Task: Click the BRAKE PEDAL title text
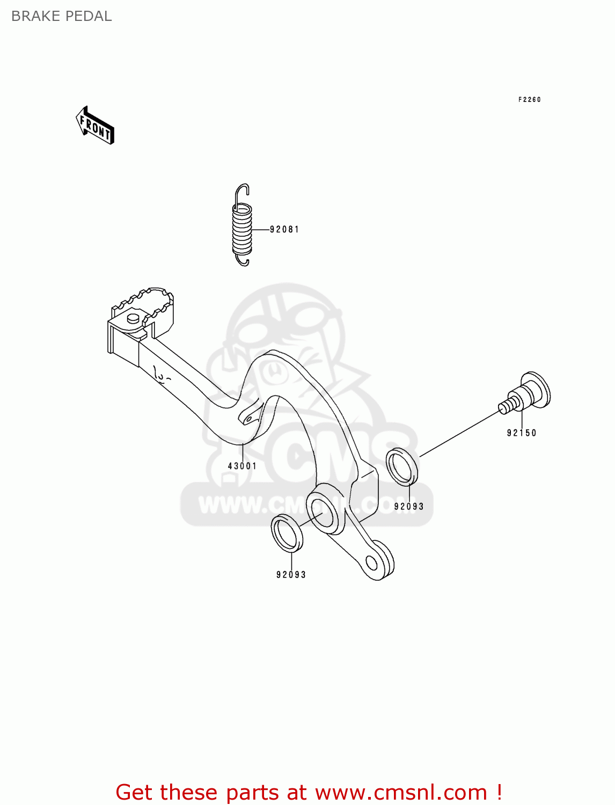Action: pyautogui.click(x=61, y=16)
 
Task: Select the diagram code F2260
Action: pyautogui.click(x=529, y=100)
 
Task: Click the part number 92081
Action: pyautogui.click(x=284, y=230)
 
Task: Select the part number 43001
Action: pyautogui.click(x=242, y=466)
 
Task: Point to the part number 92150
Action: pyautogui.click(x=521, y=433)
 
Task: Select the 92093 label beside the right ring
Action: pyautogui.click(x=408, y=507)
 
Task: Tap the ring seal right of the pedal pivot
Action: pyautogui.click(x=402, y=466)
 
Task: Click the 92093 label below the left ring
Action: pyautogui.click(x=291, y=575)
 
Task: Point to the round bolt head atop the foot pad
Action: pyautogui.click(x=133, y=319)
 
